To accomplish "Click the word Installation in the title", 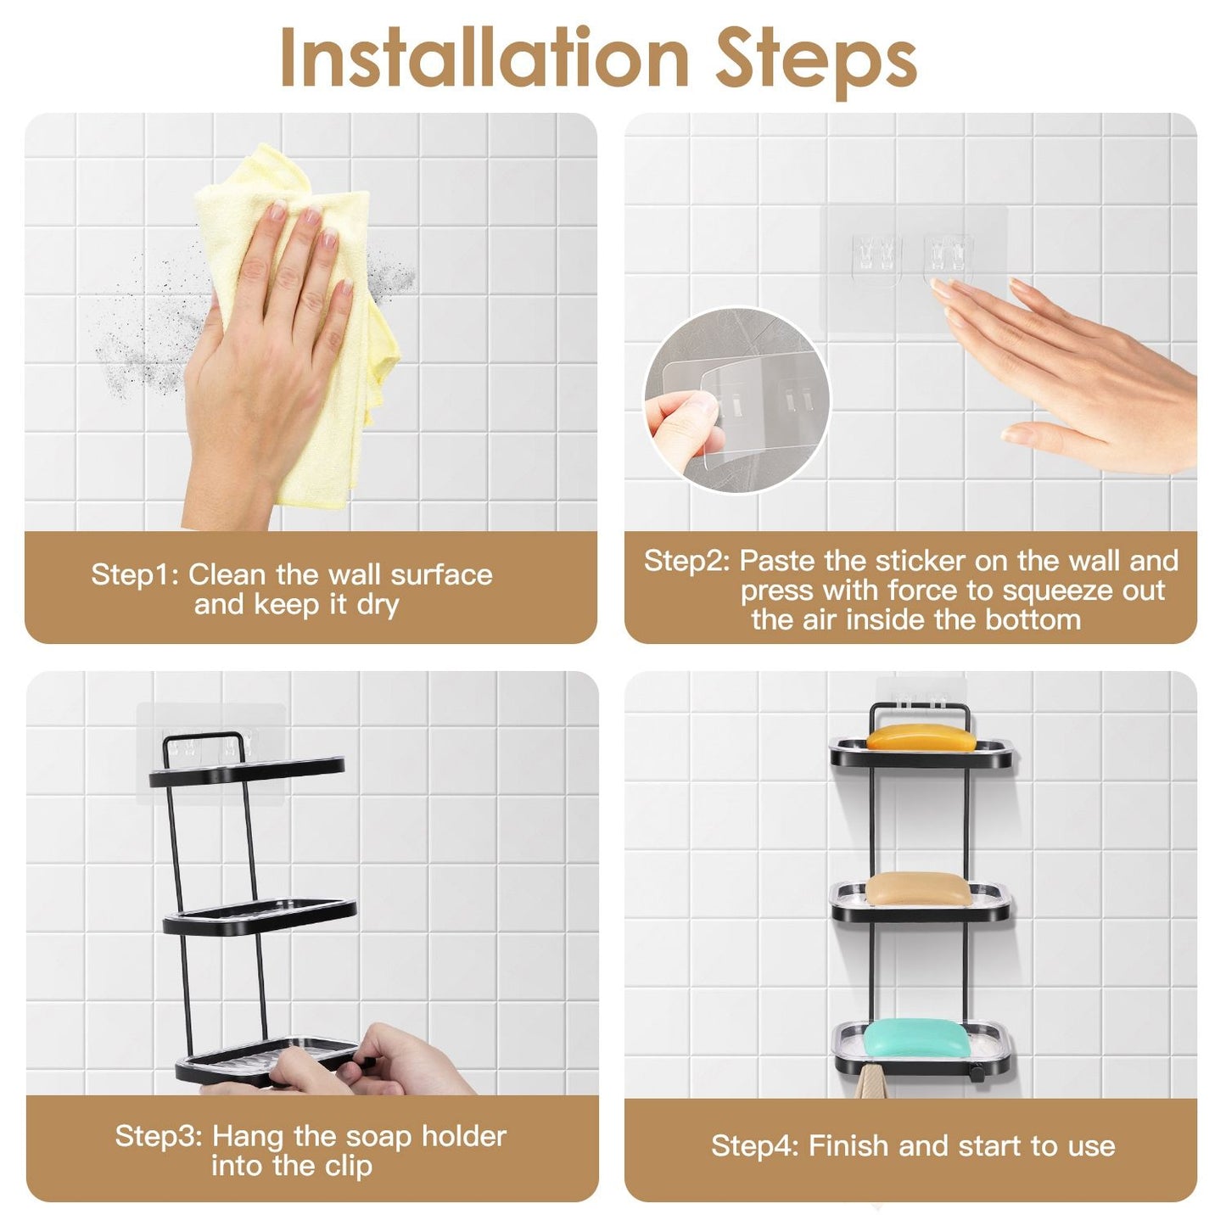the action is (x=484, y=59).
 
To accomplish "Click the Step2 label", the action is (x=686, y=561).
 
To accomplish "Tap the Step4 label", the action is (x=754, y=1146).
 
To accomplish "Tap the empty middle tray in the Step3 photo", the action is (x=260, y=915).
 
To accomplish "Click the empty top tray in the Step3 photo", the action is (x=247, y=771).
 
